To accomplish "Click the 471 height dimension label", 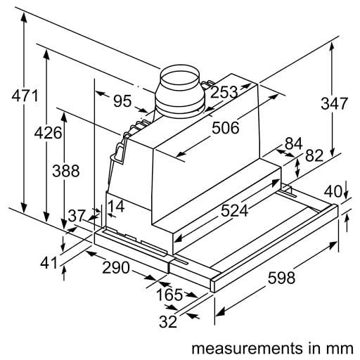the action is [25, 96].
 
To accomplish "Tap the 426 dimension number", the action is [48, 133].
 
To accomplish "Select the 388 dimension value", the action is [66, 170].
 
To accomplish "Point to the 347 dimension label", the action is [334, 103].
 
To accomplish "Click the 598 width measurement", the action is [281, 278].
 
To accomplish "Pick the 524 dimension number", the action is [234, 210].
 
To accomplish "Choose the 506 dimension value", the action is [226, 128].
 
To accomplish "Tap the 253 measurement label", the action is [224, 92].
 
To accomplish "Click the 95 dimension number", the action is [122, 101].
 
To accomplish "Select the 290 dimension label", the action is [116, 267].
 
